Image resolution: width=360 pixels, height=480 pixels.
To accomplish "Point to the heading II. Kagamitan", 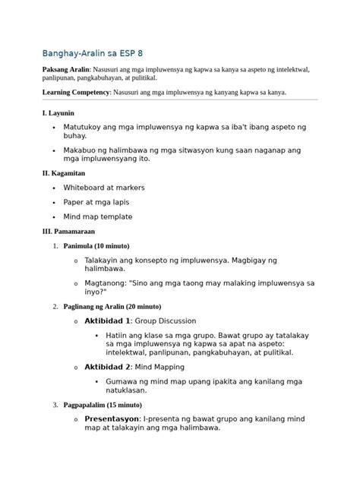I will click(x=65, y=174).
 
